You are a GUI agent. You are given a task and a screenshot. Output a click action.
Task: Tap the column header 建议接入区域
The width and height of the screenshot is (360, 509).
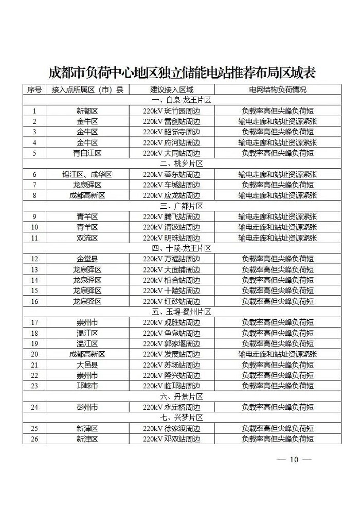(x=171, y=89)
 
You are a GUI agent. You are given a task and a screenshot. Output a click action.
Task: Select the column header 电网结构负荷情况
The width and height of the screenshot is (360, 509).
(x=277, y=89)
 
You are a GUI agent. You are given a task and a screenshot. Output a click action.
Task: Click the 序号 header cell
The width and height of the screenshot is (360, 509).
(x=34, y=89)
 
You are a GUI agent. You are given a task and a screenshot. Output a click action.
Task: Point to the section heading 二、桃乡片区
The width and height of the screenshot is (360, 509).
(x=182, y=163)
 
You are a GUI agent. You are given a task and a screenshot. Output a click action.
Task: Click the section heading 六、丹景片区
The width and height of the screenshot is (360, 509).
(x=182, y=396)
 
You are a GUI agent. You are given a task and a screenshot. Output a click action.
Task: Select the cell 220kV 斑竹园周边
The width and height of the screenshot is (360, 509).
(x=171, y=111)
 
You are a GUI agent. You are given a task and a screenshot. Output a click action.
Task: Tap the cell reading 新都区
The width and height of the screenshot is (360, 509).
(x=87, y=111)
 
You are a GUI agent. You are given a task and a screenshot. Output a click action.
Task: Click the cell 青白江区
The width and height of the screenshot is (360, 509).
(x=87, y=153)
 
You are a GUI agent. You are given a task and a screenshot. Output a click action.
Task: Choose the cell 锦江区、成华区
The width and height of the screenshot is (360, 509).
(x=87, y=174)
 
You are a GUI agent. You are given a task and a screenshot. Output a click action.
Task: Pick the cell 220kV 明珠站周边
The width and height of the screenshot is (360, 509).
(x=171, y=238)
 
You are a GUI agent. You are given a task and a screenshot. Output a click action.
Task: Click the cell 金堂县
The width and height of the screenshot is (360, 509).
(x=87, y=259)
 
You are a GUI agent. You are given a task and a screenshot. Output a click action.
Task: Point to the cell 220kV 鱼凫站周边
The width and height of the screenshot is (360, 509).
(x=171, y=333)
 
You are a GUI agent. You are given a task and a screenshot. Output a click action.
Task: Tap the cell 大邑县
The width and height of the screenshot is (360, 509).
(x=87, y=365)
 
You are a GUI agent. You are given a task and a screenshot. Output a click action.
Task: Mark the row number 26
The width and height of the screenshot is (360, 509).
(x=34, y=439)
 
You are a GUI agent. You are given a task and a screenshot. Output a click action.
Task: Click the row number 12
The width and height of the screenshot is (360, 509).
(x=34, y=259)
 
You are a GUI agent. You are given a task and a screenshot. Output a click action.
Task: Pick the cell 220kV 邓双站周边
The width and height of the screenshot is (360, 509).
(x=171, y=439)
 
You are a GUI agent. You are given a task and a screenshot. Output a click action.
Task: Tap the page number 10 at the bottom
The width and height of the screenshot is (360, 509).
(x=294, y=460)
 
